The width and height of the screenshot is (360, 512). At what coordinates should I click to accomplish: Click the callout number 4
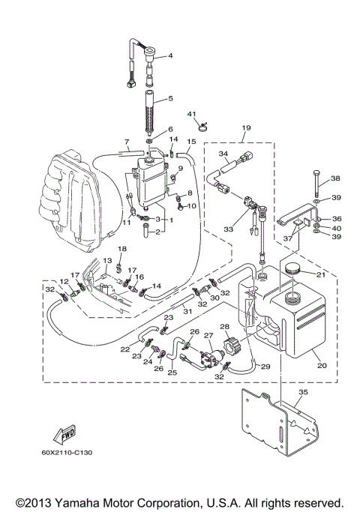pyautogui.click(x=170, y=56)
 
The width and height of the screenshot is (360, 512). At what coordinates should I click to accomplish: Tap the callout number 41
pyautogui.click(x=191, y=114)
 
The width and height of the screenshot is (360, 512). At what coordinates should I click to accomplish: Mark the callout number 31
pyautogui.click(x=187, y=312)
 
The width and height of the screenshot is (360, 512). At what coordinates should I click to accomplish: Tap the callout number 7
pyautogui.click(x=126, y=142)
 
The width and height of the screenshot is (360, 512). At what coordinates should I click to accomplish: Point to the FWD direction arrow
pyautogui.click(x=61, y=434)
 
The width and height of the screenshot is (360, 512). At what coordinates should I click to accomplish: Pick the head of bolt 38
pyautogui.click(x=316, y=175)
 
